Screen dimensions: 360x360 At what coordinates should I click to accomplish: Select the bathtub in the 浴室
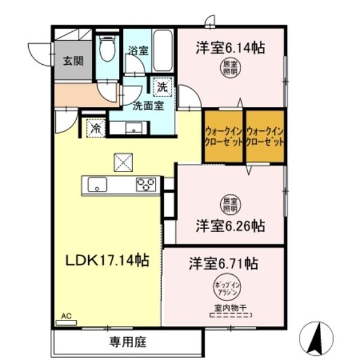[163, 51]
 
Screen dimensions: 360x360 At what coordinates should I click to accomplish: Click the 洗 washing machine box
[162, 87]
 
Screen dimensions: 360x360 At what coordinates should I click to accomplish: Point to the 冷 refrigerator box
[95, 127]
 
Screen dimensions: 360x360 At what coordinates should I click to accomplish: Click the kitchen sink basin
[97, 185]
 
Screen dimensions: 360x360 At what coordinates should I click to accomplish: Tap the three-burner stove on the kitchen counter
[146, 185]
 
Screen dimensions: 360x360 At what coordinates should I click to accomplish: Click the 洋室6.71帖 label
[224, 263]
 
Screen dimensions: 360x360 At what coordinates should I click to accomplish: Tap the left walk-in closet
[223, 137]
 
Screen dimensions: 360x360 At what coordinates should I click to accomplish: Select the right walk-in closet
[264, 137]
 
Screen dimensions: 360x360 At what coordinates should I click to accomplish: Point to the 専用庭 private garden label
[127, 343]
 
